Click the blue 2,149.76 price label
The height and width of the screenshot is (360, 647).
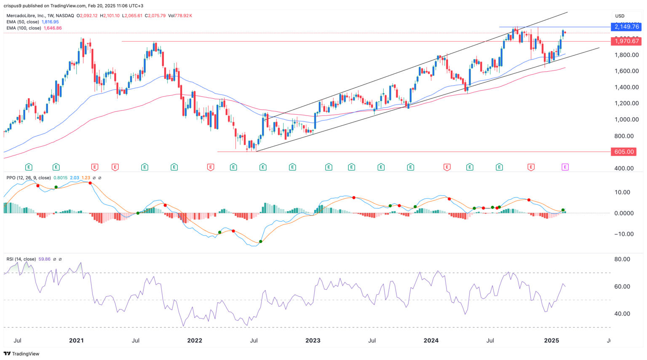pos(626,27)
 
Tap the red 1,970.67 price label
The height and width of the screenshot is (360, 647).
pos(626,41)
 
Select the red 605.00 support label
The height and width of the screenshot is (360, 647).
pos(623,152)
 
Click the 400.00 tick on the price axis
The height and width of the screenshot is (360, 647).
pos(624,168)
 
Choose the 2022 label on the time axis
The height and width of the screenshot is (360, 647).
pos(194,340)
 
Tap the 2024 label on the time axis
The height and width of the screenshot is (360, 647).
pos(431,340)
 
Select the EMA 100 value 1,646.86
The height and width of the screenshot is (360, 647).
pos(53,28)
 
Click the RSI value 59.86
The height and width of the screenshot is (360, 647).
pos(44,259)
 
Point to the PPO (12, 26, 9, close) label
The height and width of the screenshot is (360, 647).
pos(29,178)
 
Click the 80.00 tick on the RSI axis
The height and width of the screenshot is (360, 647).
pos(622,259)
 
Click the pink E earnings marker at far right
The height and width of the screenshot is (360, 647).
pos(565,167)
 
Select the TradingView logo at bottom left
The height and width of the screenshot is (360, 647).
pos(21,354)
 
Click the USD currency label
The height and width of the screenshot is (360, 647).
pos(620,16)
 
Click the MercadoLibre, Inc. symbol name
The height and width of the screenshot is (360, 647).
pos(24,16)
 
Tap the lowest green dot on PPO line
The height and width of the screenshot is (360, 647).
pos(261,242)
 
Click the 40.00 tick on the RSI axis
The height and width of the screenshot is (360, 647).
pos(622,314)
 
